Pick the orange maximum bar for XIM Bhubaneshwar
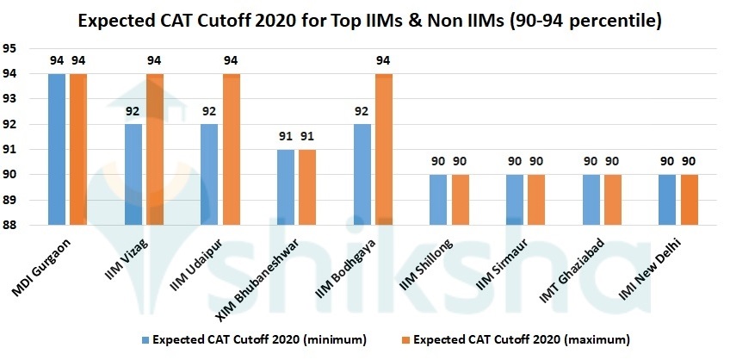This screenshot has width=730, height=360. tap(307, 187)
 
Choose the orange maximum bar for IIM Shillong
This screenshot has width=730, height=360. tap(460, 200)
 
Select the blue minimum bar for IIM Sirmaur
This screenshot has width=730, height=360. tap(515, 200)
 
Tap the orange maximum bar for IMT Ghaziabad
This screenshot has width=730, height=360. tap(613, 200)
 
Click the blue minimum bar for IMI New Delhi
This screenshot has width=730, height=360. tap(666, 200)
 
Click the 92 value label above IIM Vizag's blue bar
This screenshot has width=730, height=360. tap(133, 110)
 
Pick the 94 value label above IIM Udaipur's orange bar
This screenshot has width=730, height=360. tap(232, 59)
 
